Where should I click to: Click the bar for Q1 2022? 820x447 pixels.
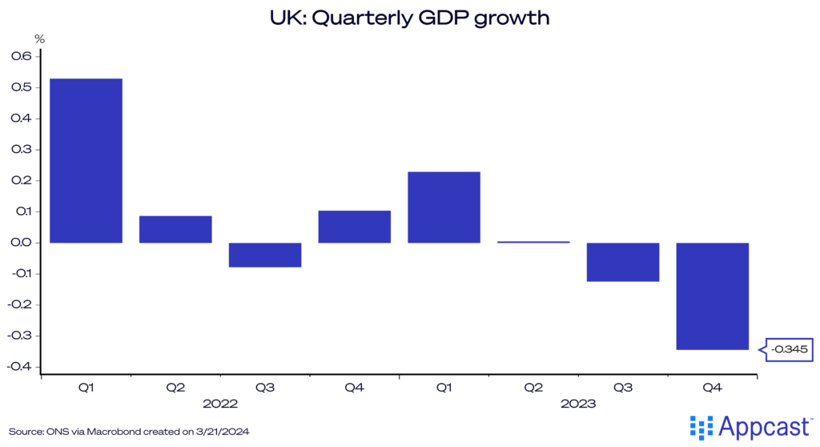pyautogui.click(x=86, y=160)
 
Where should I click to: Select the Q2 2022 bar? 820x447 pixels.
pyautogui.click(x=175, y=229)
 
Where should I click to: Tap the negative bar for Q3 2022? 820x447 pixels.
pyautogui.click(x=265, y=255)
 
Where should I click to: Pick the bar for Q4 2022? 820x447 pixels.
pyautogui.click(x=354, y=227)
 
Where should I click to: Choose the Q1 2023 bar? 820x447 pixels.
pyautogui.click(x=444, y=207)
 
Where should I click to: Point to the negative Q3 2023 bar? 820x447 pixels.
pyautogui.click(x=622, y=262)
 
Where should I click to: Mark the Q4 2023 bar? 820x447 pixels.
pyautogui.click(x=712, y=296)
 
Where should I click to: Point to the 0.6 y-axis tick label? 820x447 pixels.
pyautogui.click(x=21, y=57)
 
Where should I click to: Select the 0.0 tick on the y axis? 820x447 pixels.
pyautogui.click(x=21, y=243)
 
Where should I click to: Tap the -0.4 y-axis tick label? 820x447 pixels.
pyautogui.click(x=19, y=367)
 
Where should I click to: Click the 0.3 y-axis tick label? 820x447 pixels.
pyautogui.click(x=21, y=150)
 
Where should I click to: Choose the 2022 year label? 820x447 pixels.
pyautogui.click(x=220, y=405)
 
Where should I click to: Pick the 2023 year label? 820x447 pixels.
pyautogui.click(x=577, y=405)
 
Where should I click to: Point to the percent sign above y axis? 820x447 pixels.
pyautogui.click(x=39, y=38)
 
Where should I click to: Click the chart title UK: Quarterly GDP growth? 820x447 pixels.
pyautogui.click(x=409, y=17)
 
